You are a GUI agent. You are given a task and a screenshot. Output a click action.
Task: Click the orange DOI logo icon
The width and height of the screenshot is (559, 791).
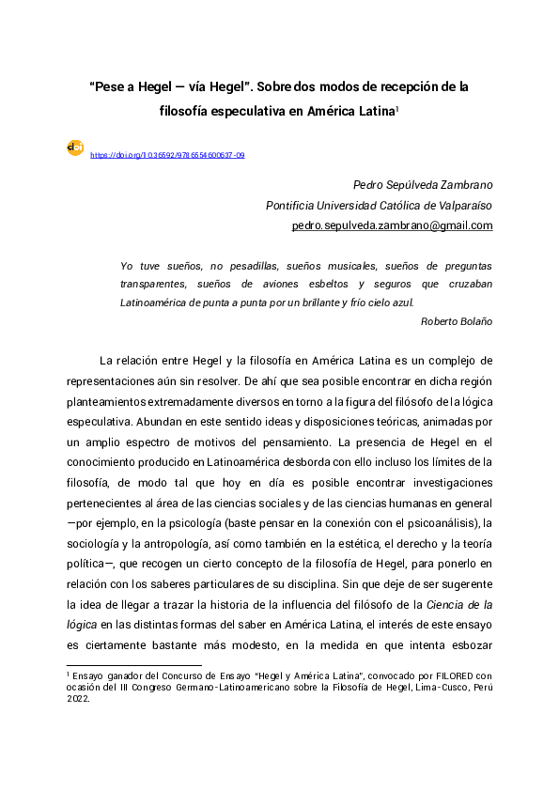75,147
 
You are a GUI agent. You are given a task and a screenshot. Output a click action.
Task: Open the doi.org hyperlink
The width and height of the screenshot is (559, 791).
167,155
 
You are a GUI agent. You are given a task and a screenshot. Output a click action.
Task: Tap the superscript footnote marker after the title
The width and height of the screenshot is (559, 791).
398,106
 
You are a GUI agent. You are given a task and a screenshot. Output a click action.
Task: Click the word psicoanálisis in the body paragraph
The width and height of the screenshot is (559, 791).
440,521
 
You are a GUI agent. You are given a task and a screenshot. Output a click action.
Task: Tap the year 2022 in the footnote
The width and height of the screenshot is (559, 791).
78,698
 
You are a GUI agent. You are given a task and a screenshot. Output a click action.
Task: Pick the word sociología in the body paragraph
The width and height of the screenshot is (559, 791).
97,542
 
